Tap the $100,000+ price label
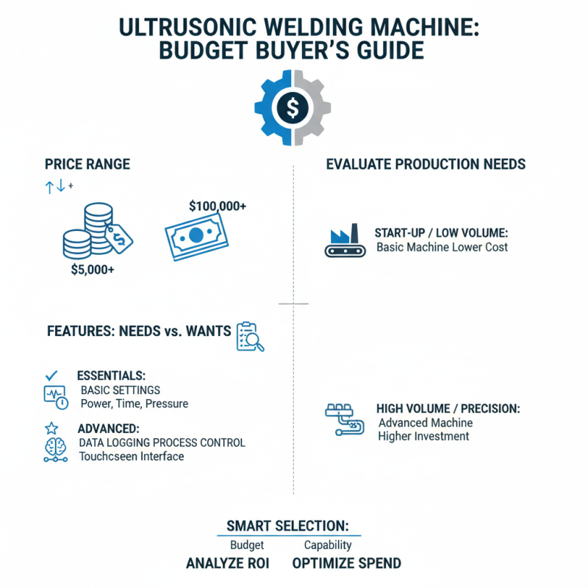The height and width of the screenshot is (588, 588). pos(217,207)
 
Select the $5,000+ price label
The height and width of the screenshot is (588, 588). pos(93,269)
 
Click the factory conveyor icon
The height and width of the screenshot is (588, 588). pos(344,241)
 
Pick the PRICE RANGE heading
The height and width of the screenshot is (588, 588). pos(87,164)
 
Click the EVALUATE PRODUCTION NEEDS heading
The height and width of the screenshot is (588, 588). pos(426,164)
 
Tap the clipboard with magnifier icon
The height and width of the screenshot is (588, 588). pos(249,336)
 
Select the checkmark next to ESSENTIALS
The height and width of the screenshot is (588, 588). pos(51,376)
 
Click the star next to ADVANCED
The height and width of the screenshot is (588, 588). pos(51,428)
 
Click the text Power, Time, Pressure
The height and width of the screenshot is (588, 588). pos(134,404)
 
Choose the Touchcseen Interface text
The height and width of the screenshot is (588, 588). pos(132,456)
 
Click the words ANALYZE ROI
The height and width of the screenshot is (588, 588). pos(227,564)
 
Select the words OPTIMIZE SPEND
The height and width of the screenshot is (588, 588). pos(346,564)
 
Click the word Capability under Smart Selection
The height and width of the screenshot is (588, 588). pos(328,545)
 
